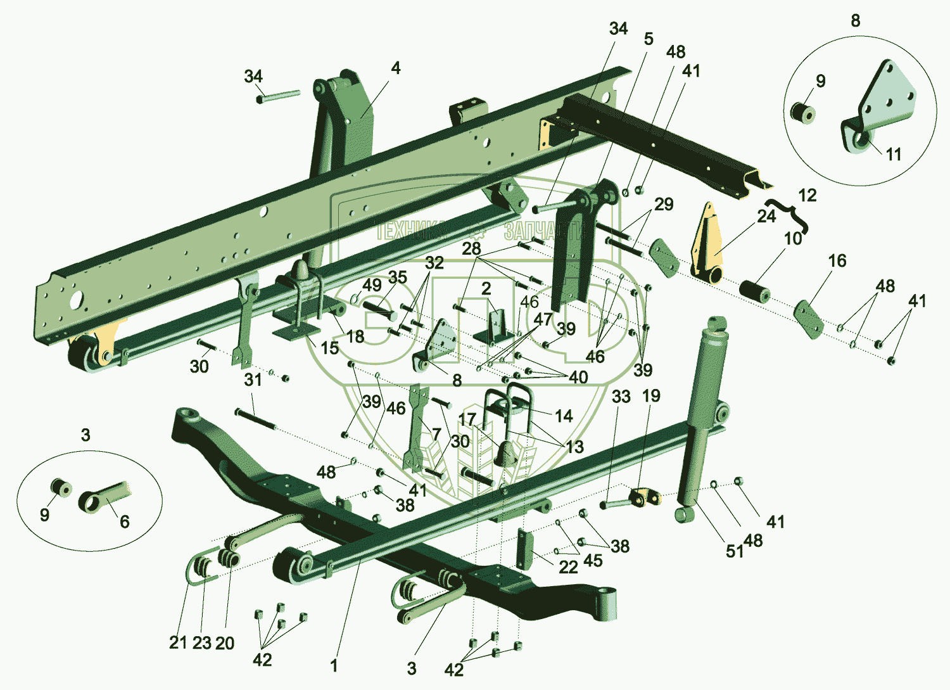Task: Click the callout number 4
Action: point(396,68)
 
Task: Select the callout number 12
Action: point(807,195)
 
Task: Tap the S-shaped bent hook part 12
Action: point(788,212)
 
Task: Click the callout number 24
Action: point(766,216)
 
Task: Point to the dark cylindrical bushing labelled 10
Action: point(754,291)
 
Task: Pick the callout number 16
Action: point(837,260)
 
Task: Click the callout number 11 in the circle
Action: point(893,154)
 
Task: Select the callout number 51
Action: point(734,551)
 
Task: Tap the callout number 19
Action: point(651,396)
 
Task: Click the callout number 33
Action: point(621,397)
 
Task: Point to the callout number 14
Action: point(564,416)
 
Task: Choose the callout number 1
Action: point(334,665)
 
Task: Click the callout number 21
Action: point(178,642)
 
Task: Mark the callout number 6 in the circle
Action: point(125,521)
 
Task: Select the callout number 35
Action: point(398,277)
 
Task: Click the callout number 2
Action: point(486,289)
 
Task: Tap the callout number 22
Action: point(568,567)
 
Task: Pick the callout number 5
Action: point(649,39)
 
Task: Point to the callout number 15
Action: point(329,347)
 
